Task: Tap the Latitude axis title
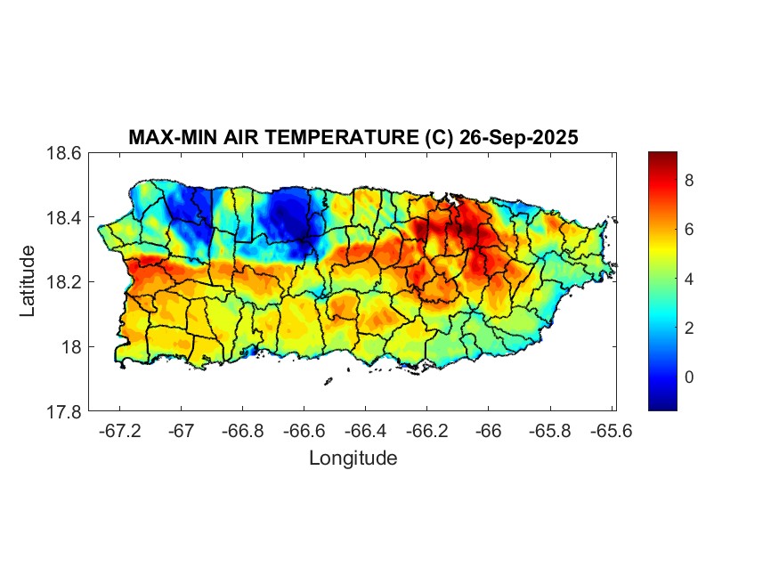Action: [x=28, y=281]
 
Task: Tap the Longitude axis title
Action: [x=353, y=458]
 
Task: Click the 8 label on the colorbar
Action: [x=689, y=181]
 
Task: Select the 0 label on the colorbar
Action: [x=689, y=377]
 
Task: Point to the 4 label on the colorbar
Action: [x=689, y=280]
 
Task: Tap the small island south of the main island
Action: [x=328, y=382]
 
